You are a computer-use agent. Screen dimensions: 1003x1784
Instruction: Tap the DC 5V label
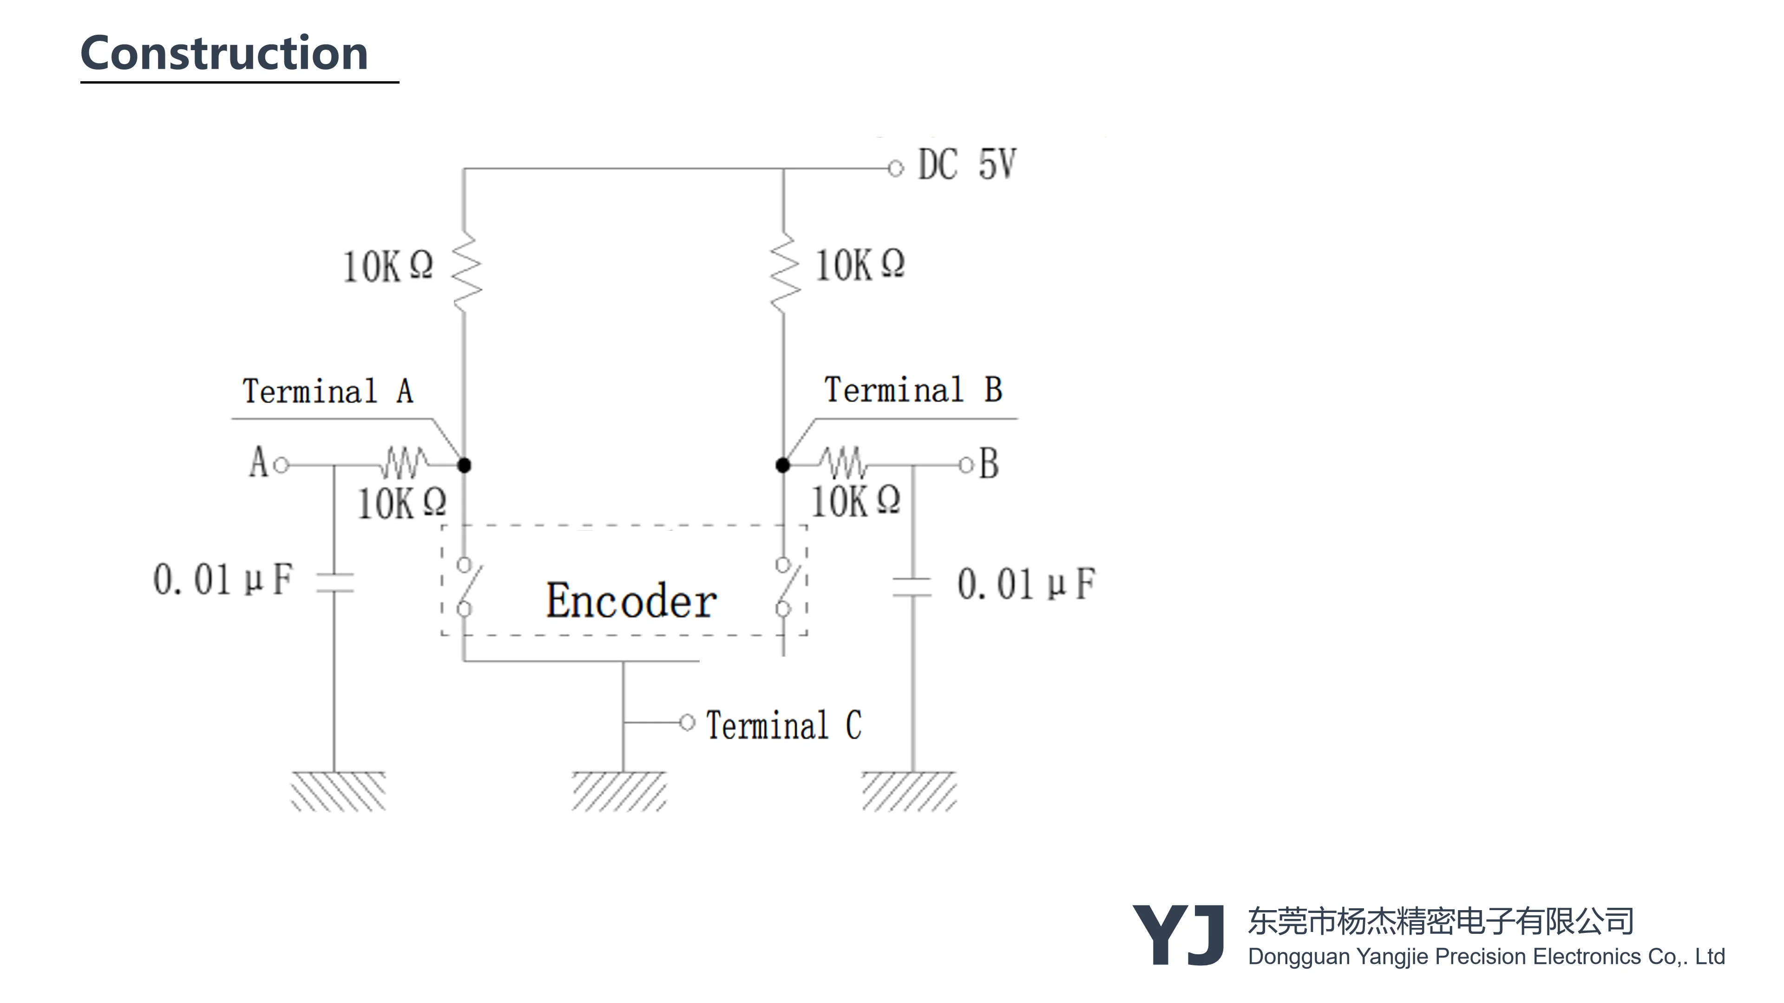point(967,165)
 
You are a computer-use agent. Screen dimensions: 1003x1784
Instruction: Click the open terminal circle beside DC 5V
point(895,168)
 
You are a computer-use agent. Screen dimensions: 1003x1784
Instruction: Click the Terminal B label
point(913,390)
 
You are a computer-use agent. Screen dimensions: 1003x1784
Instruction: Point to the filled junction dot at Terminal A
point(465,465)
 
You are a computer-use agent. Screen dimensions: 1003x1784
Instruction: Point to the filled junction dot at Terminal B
point(782,465)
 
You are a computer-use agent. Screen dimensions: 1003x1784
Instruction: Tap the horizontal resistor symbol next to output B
point(842,463)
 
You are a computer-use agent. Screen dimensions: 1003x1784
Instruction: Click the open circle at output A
point(281,465)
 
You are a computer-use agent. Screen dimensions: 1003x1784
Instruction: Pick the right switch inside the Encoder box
point(786,587)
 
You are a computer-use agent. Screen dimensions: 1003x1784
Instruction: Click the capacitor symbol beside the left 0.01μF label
point(335,582)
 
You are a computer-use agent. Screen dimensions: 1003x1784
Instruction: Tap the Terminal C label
point(783,725)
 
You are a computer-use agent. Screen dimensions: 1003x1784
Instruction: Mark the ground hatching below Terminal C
point(619,791)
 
